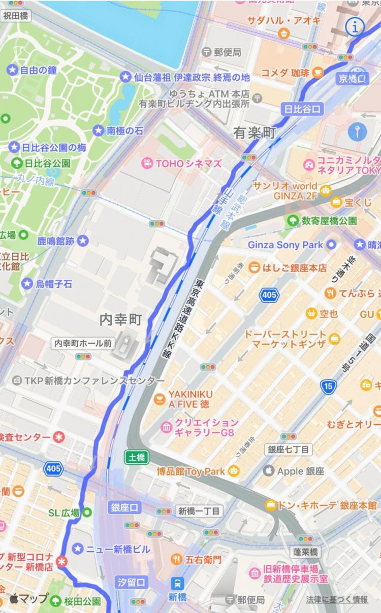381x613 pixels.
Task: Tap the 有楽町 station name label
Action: pyautogui.click(x=255, y=133)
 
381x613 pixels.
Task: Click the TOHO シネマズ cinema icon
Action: pyautogui.click(x=147, y=163)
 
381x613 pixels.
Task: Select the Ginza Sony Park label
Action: pyautogui.click(x=285, y=245)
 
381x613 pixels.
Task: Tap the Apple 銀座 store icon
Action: pyautogui.click(x=269, y=471)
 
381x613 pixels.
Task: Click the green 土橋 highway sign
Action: pyautogui.click(x=137, y=458)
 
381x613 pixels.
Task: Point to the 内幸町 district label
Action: pyautogui.click(x=120, y=319)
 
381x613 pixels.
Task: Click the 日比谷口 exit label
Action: pyautogui.click(x=302, y=109)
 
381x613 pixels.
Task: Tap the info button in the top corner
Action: pyautogui.click(x=355, y=27)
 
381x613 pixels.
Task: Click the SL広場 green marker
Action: pyautogui.click(x=87, y=512)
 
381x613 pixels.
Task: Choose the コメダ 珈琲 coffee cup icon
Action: pyautogui.click(x=318, y=73)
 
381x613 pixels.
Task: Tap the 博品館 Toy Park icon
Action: pyautogui.click(x=234, y=471)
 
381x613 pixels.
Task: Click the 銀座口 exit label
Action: pyautogui.click(x=124, y=508)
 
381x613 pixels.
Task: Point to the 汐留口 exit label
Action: pyautogui.click(x=131, y=581)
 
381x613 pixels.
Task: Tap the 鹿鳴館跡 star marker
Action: pyautogui.click(x=83, y=241)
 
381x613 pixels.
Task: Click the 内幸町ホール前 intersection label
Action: pyautogui.click(x=83, y=343)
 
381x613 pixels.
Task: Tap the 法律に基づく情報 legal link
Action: pyautogui.click(x=337, y=599)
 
